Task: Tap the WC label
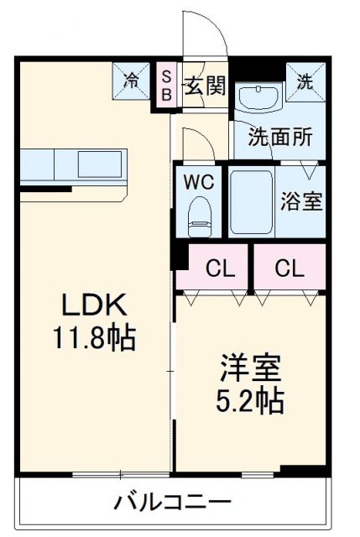199,182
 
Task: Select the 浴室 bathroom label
300,203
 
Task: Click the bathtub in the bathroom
251,203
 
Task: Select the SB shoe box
166,86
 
